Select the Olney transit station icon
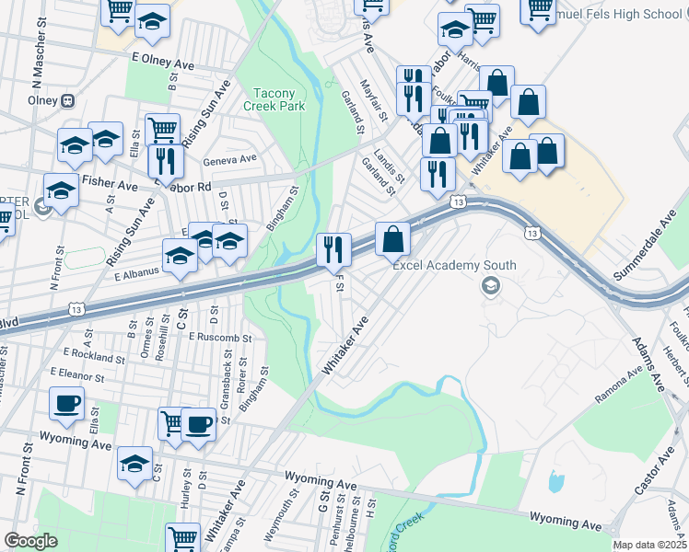tap(67, 99)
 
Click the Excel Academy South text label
tap(454, 266)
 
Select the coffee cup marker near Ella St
tap(67, 404)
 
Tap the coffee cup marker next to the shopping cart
tap(199, 424)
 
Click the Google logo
tap(30, 540)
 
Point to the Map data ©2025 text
tap(649, 545)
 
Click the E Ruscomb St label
tap(219, 338)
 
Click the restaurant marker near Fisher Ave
tap(166, 161)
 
